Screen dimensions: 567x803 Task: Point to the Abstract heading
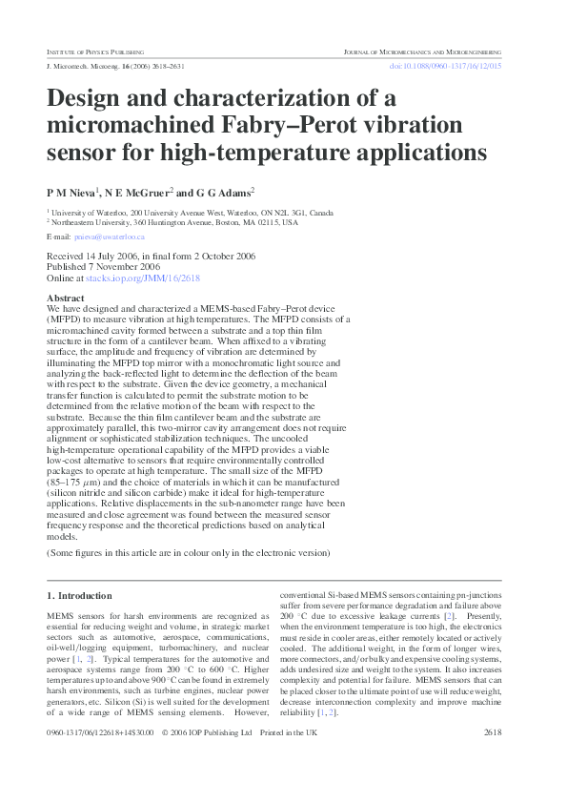pyautogui.click(x=65, y=299)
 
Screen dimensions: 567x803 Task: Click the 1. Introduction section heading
pyautogui.click(x=79, y=595)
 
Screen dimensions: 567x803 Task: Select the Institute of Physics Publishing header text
pyautogui.click(x=95, y=51)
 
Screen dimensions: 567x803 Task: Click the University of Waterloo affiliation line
pyautogui.click(x=191, y=213)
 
